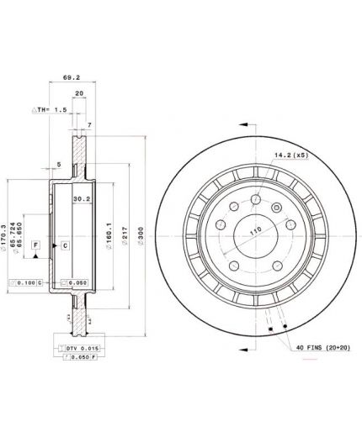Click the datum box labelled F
coord(35,245)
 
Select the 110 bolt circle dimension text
coord(253,229)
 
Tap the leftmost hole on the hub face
coord(220,224)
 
